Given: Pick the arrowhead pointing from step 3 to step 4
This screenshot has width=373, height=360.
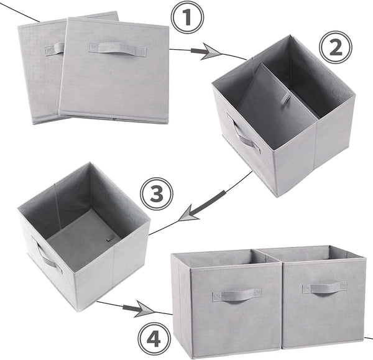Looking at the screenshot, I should pyautogui.click(x=143, y=307).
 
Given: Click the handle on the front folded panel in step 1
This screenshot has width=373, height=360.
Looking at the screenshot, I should pyautogui.click(x=117, y=48).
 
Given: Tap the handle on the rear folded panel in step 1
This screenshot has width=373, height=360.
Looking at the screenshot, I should pyautogui.click(x=54, y=48).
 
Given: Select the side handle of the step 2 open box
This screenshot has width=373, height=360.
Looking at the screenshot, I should pyautogui.click(x=244, y=135).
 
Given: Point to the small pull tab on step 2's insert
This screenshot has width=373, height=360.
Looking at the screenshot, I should pyautogui.click(x=285, y=98).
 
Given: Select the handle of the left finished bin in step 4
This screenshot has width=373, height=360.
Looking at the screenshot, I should pyautogui.click(x=236, y=295).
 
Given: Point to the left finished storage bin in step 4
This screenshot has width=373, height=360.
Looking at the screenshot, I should pyautogui.click(x=230, y=305).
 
